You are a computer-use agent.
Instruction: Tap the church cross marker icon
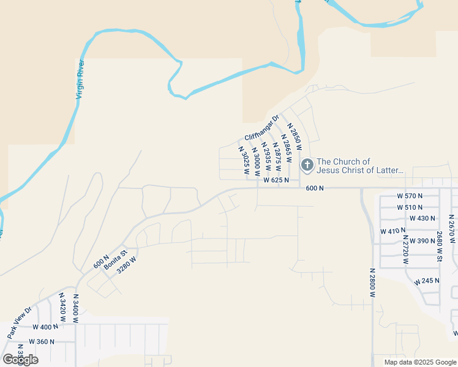pos(307,165)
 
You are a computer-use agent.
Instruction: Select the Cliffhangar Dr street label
pos(261,128)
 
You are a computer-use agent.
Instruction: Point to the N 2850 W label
pos(295,136)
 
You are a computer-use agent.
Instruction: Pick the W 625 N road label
pos(276,180)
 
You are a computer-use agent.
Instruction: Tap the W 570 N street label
pos(410,196)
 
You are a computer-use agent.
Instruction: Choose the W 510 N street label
pos(410,207)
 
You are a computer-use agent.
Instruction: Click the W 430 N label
pos(422,218)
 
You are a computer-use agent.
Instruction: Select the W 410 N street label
pos(393,231)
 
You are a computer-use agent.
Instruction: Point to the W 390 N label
pos(422,241)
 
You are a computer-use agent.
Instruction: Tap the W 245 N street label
pos(426,281)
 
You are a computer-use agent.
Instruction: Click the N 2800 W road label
pos(372,283)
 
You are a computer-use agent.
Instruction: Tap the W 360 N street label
pos(42,342)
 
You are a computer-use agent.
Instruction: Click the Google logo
pos(20,359)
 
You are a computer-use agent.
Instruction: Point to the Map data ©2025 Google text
pos(419,362)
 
